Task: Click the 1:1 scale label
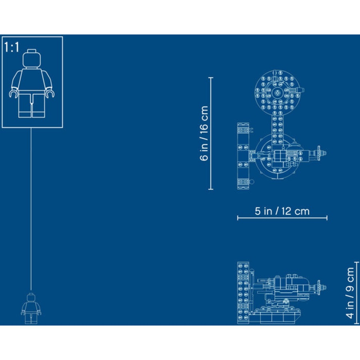pyautogui.click(x=12, y=48)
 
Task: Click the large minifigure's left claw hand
pyautogui.click(x=13, y=94)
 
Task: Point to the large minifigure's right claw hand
pyautogui.click(x=51, y=94)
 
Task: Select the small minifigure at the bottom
pyautogui.click(x=31, y=308)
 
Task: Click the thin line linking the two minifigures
pyautogui.click(x=31, y=208)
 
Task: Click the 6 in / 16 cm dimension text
pyautogui.click(x=204, y=133)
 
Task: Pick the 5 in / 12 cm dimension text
pyautogui.click(x=282, y=211)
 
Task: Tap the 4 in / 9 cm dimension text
pyautogui.click(x=350, y=293)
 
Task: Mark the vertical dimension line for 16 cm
pyautogui.click(x=211, y=133)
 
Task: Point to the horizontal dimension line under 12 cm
pyautogui.click(x=282, y=218)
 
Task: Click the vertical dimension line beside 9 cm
pyautogui.click(x=358, y=293)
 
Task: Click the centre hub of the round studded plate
pyautogui.click(x=277, y=93)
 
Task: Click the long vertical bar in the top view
pyautogui.click(x=242, y=156)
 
